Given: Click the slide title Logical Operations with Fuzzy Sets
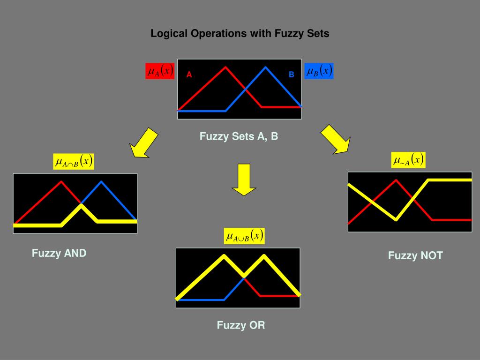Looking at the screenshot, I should (x=240, y=34).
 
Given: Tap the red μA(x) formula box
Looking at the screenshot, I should (x=160, y=71).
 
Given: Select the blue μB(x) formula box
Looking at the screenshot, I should (x=319, y=71).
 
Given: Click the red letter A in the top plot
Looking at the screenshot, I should (x=189, y=75).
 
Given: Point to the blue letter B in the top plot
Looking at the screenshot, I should (x=291, y=75).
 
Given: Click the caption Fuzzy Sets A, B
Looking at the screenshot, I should (x=239, y=136).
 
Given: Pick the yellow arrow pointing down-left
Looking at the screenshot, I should (x=144, y=142).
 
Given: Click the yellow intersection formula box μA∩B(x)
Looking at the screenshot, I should (x=74, y=162).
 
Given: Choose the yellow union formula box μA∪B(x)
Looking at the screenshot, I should (x=244, y=236).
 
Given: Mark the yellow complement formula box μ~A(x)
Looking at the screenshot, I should (x=408, y=160).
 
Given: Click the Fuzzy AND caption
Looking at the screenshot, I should (x=59, y=253).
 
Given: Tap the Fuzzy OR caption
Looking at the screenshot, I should (x=240, y=325).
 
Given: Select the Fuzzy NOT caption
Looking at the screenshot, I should (x=415, y=255).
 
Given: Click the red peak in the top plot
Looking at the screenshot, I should (x=225, y=67).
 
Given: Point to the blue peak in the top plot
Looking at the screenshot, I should (x=266, y=67).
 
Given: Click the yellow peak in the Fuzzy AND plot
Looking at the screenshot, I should (x=81, y=206).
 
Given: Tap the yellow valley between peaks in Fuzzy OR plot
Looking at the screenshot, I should (x=244, y=275).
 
